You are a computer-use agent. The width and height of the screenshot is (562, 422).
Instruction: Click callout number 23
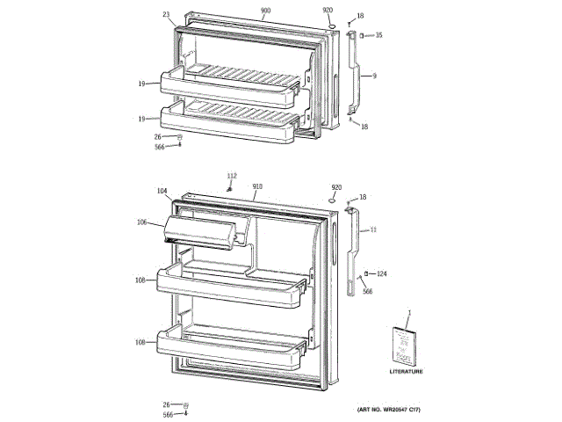coord(166,14)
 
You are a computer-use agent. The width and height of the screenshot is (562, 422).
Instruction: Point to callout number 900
coord(265,11)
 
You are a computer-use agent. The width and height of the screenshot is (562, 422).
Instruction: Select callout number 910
coord(258,186)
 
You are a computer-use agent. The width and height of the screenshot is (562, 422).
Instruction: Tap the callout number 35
coord(379,35)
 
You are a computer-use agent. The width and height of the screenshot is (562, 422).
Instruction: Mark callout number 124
coord(382,273)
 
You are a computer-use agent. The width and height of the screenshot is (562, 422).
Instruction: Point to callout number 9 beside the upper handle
coord(373,76)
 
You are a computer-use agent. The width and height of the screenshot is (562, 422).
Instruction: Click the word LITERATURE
coord(406,372)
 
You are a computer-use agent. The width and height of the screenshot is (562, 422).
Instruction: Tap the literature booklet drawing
coord(405,346)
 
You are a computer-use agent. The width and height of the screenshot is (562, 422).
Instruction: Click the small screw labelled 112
coord(229,186)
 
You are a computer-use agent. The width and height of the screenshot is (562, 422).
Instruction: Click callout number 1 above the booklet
coord(408,313)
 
